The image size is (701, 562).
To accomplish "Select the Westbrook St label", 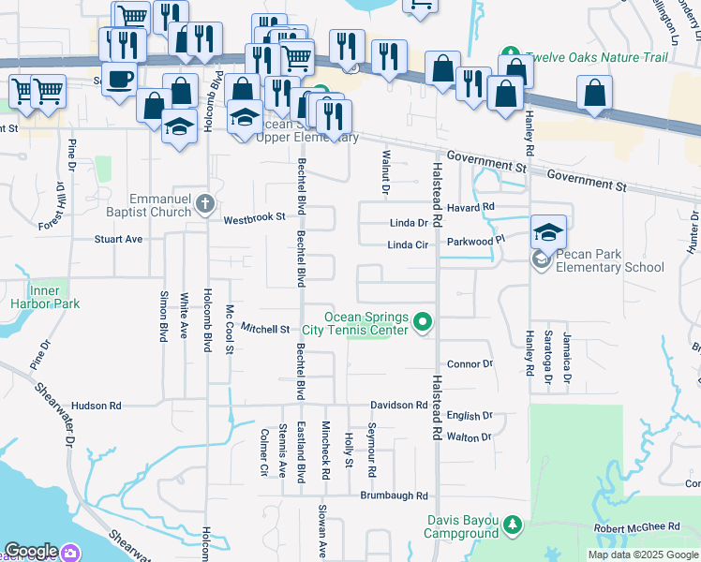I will pos(254,219).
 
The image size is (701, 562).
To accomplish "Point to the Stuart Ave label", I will pos(118,239).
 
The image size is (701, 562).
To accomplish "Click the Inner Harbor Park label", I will pos(45,296).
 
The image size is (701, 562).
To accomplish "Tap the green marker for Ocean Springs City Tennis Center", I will pos(422,323).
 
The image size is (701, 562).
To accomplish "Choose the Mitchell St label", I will pos(265,329).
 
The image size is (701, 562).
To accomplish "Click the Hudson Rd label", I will pos(97,406).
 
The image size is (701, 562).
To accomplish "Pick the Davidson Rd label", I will pos(398,405).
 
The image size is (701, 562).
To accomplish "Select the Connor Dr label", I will pos(470,363).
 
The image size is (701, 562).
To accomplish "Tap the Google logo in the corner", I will pos(31,551).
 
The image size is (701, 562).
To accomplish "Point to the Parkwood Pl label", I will pos(475,242).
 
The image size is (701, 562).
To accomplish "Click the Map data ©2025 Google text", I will pos(643,555).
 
